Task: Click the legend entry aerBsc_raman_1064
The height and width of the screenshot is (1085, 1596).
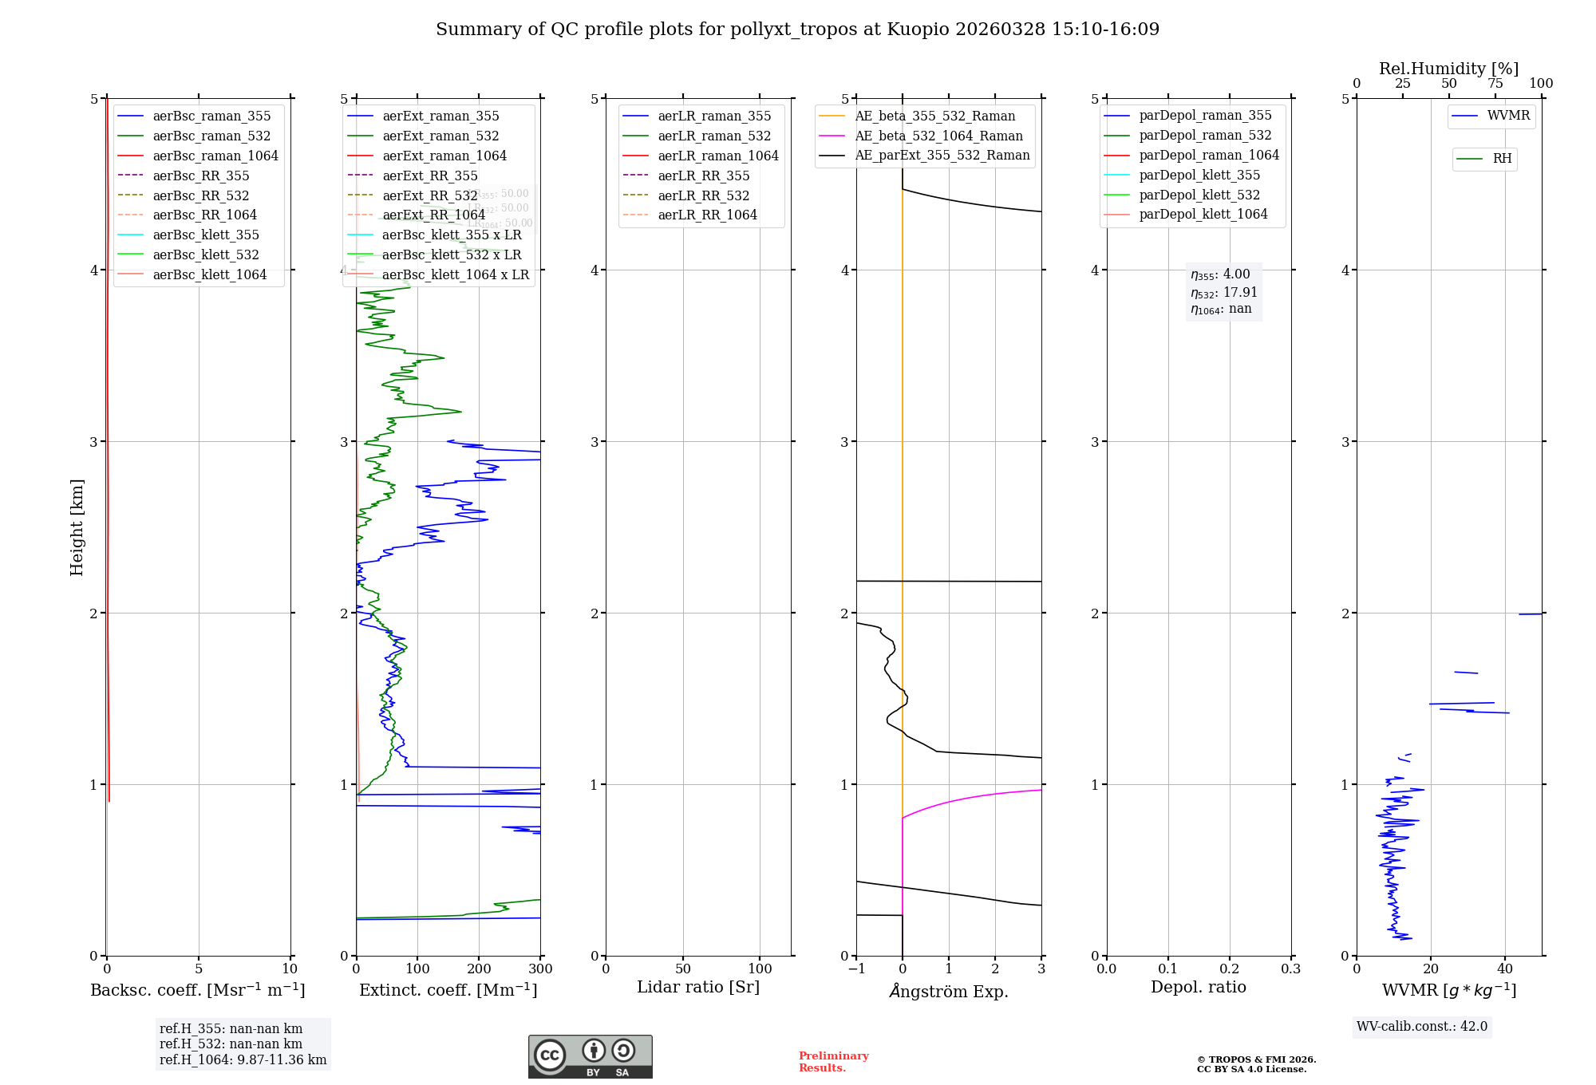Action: [215, 156]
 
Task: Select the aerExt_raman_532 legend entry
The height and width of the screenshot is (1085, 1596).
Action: [440, 136]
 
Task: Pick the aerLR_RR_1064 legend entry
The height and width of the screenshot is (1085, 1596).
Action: [707, 215]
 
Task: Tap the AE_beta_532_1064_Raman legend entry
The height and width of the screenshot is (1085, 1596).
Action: [938, 136]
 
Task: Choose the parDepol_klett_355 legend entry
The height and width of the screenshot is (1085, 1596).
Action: [1199, 175]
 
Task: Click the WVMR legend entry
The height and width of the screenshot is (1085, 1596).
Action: [1508, 116]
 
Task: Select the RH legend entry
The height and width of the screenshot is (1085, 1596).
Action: [1502, 159]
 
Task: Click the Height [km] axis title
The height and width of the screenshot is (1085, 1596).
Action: [77, 527]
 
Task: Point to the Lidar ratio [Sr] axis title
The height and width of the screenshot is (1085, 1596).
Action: [698, 987]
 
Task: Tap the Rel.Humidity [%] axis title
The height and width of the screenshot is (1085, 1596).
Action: [1448, 69]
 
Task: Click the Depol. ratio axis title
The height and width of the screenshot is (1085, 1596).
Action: [1198, 987]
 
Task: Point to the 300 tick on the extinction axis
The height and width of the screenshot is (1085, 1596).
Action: [540, 969]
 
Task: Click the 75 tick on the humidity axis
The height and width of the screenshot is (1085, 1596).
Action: [1495, 84]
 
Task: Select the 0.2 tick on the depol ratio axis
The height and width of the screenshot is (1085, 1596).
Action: [1230, 969]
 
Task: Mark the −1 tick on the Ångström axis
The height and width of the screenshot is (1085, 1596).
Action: [856, 969]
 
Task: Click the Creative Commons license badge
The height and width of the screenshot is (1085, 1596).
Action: [590, 1056]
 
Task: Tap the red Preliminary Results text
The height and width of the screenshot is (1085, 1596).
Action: [833, 1062]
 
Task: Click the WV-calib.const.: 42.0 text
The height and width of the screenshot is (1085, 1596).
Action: [1421, 1027]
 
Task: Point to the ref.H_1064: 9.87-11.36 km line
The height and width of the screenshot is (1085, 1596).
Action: [243, 1060]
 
